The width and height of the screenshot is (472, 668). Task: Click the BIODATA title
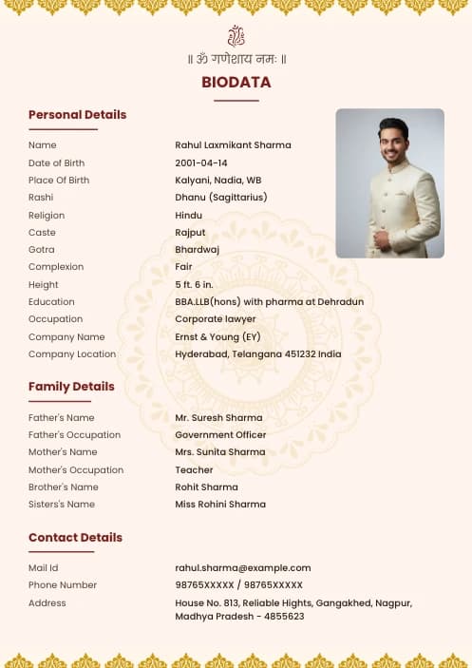pyautogui.click(x=236, y=83)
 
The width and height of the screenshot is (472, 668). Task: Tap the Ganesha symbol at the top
pyautogui.click(x=236, y=37)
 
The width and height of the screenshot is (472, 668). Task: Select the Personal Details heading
pyautogui.click(x=77, y=115)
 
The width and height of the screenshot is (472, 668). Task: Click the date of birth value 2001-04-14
pyautogui.click(x=201, y=163)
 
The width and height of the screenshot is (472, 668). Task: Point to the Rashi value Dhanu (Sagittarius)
pyautogui.click(x=221, y=198)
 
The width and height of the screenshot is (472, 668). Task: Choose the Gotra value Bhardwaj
pyautogui.click(x=197, y=250)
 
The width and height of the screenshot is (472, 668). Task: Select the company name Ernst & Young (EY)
pyautogui.click(x=217, y=337)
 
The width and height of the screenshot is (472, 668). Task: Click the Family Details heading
pyautogui.click(x=71, y=387)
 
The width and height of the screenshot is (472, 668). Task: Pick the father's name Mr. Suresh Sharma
pyautogui.click(x=218, y=418)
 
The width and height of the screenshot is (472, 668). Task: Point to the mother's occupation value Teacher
pyautogui.click(x=194, y=470)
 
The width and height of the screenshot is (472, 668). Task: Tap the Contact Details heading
pyautogui.click(x=75, y=538)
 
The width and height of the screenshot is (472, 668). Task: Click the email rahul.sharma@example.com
pyautogui.click(x=243, y=568)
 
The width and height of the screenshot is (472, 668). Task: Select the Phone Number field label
pyautogui.click(x=63, y=585)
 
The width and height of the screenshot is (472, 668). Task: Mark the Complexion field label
pyautogui.click(x=56, y=267)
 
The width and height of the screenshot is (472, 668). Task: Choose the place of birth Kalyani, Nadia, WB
pyautogui.click(x=218, y=181)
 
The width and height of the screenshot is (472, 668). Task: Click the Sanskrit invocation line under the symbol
pyautogui.click(x=236, y=59)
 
